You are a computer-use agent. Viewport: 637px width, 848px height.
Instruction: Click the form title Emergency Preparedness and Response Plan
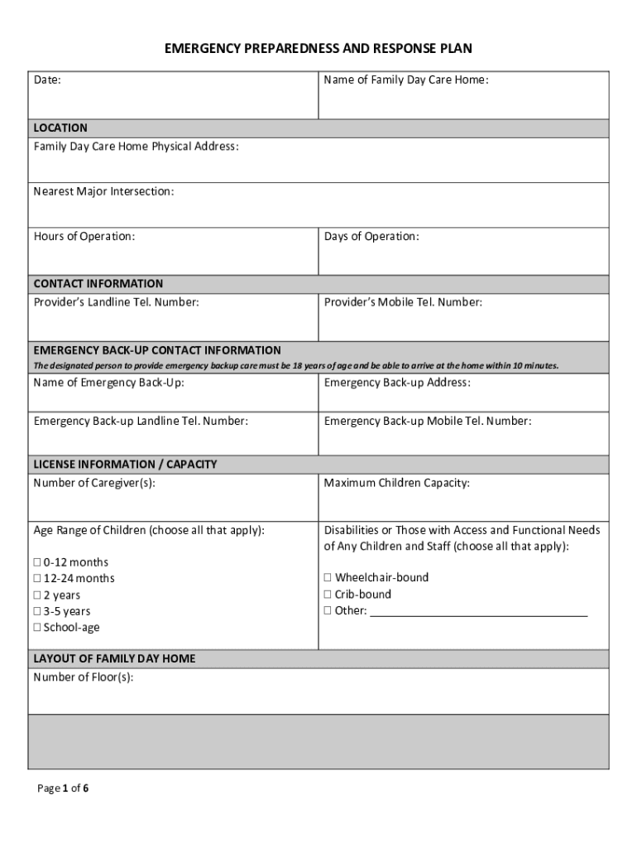[x=318, y=49]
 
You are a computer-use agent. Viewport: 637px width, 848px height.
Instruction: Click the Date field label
[x=47, y=80]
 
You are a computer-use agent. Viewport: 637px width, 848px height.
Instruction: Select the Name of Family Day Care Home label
[x=405, y=80]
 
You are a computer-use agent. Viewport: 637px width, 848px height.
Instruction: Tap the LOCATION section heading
[x=60, y=128]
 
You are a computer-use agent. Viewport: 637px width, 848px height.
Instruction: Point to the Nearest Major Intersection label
[x=103, y=192]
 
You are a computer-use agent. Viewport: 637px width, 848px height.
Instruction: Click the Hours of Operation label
[x=84, y=237]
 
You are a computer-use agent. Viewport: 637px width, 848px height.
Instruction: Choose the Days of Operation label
[x=371, y=237]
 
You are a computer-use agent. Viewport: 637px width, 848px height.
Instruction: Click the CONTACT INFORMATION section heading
[x=98, y=284]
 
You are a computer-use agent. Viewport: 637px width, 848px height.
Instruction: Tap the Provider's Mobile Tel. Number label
[x=403, y=302]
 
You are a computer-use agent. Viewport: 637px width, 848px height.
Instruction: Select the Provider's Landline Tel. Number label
[x=116, y=302]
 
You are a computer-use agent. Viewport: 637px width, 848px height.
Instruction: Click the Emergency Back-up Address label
[x=397, y=383]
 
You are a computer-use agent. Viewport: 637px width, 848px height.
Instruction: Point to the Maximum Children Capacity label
[x=396, y=483]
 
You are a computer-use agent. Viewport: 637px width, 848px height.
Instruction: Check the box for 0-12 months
[x=37, y=563]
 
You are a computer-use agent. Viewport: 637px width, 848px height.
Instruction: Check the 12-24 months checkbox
[x=37, y=579]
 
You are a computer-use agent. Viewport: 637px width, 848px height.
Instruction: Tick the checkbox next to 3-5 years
[x=37, y=612]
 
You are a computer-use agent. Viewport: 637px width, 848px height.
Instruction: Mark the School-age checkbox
[x=37, y=628]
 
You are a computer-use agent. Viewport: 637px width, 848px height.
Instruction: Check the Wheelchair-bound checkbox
[x=328, y=578]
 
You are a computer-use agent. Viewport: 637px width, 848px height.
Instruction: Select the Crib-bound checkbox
[x=328, y=595]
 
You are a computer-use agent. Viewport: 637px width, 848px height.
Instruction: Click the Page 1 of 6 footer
[x=63, y=788]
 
